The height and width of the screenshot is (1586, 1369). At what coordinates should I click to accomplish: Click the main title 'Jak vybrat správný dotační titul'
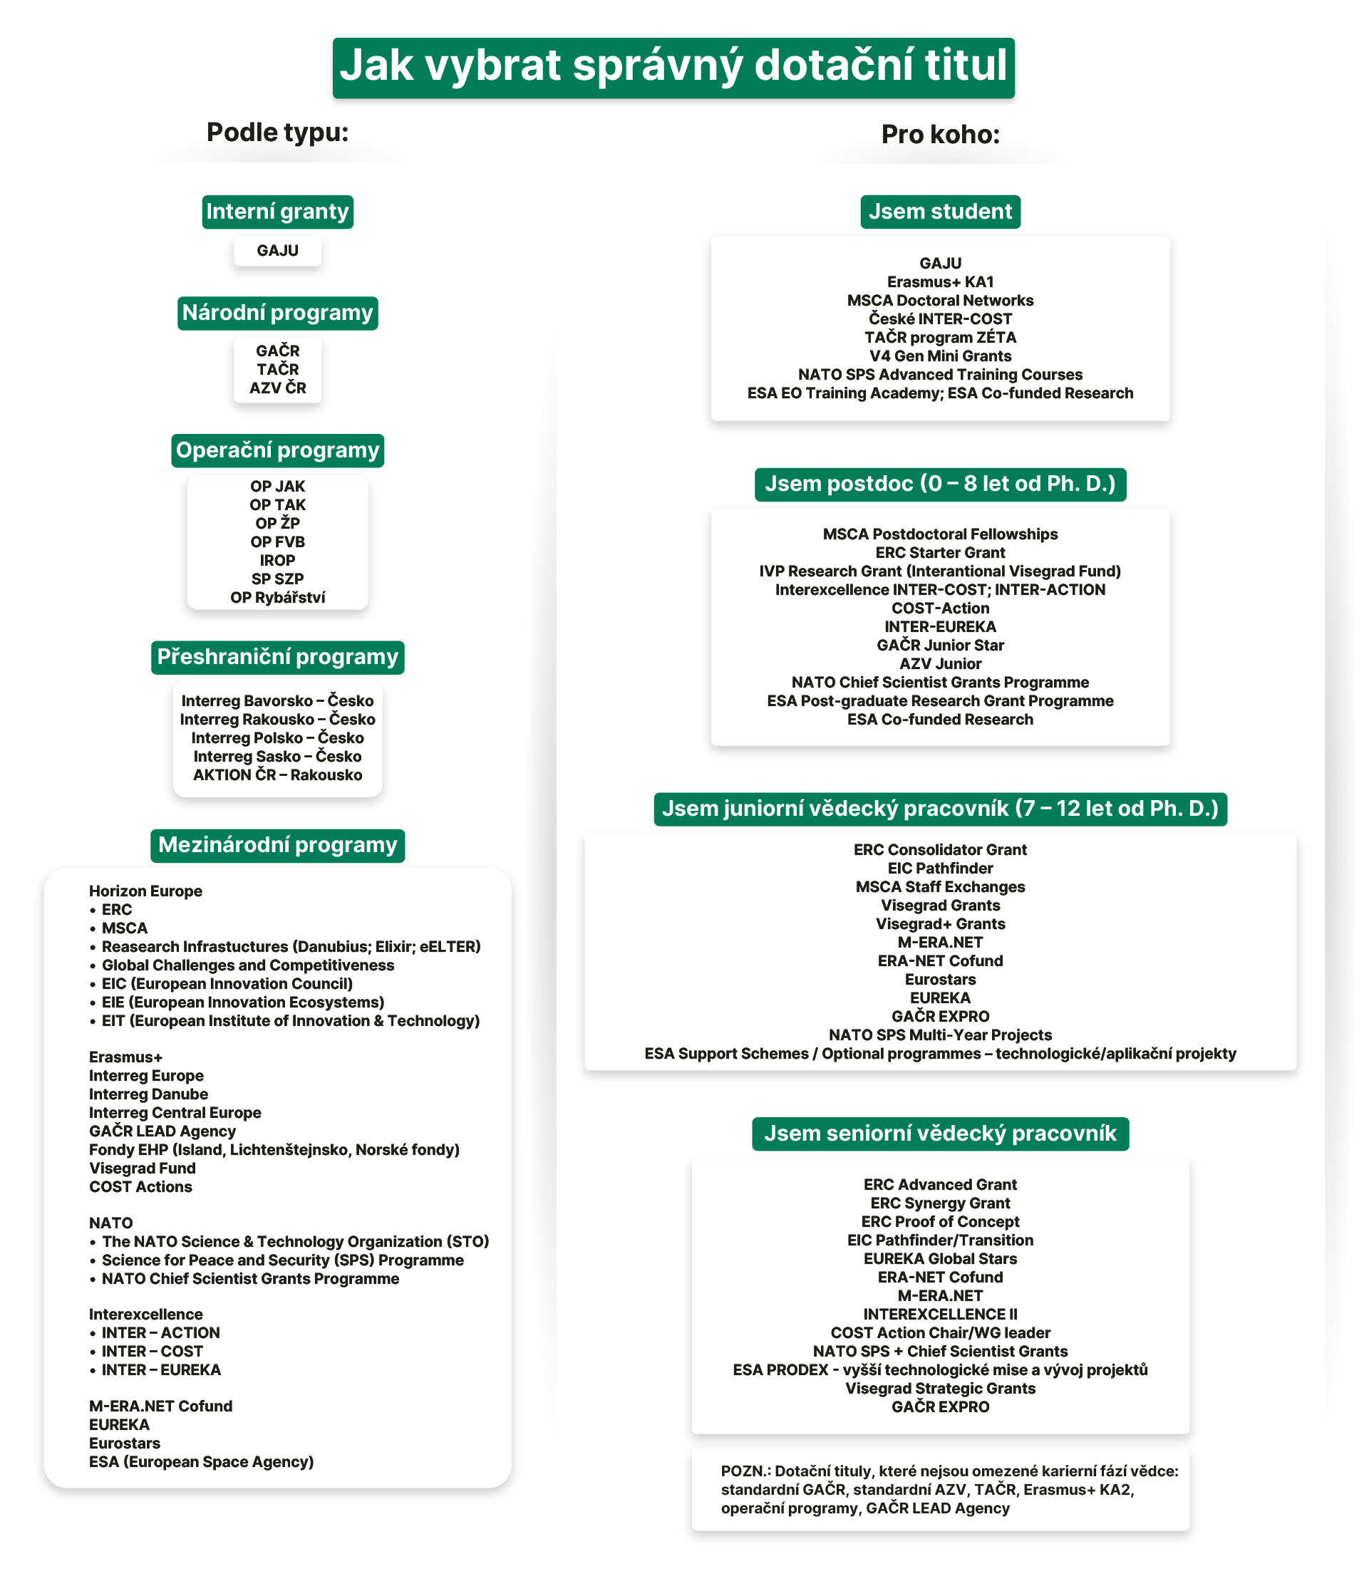pyautogui.click(x=673, y=66)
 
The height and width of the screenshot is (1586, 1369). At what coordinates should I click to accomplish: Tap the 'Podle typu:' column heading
pyautogui.click(x=277, y=132)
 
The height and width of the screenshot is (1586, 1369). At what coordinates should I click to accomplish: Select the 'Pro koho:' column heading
pyautogui.click(x=939, y=134)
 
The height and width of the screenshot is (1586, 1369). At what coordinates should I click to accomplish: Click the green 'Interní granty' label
pyautogui.click(x=277, y=212)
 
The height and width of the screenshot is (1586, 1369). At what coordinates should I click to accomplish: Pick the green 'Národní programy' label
pyautogui.click(x=277, y=312)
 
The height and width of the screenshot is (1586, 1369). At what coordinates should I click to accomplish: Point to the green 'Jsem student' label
pyautogui.click(x=939, y=212)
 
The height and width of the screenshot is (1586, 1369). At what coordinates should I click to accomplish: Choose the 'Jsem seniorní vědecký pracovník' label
pyautogui.click(x=939, y=1133)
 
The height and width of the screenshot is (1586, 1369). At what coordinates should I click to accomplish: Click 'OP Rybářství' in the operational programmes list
pyautogui.click(x=277, y=597)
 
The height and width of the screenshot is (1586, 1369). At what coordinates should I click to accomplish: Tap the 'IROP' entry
pyautogui.click(x=277, y=560)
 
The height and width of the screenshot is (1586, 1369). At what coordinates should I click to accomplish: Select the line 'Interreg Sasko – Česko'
pyautogui.click(x=277, y=756)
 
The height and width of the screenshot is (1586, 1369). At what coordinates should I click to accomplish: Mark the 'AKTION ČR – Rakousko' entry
pyautogui.click(x=277, y=774)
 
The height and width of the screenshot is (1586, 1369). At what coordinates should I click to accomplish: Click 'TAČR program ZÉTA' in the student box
pyautogui.click(x=939, y=338)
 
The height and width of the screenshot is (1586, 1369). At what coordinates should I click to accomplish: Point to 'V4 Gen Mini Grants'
pyautogui.click(x=939, y=356)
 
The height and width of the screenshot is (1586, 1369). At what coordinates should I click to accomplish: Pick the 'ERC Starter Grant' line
pyautogui.click(x=939, y=553)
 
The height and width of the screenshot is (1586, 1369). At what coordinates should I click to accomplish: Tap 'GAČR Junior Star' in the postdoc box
pyautogui.click(x=939, y=646)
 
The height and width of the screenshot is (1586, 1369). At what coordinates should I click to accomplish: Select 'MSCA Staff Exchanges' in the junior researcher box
pyautogui.click(x=939, y=886)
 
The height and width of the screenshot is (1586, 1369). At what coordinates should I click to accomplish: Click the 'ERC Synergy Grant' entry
pyautogui.click(x=939, y=1203)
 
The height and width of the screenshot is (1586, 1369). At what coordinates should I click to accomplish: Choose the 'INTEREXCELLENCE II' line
pyautogui.click(x=939, y=1315)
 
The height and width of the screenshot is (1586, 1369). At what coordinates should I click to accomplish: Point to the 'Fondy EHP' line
pyautogui.click(x=274, y=1150)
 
